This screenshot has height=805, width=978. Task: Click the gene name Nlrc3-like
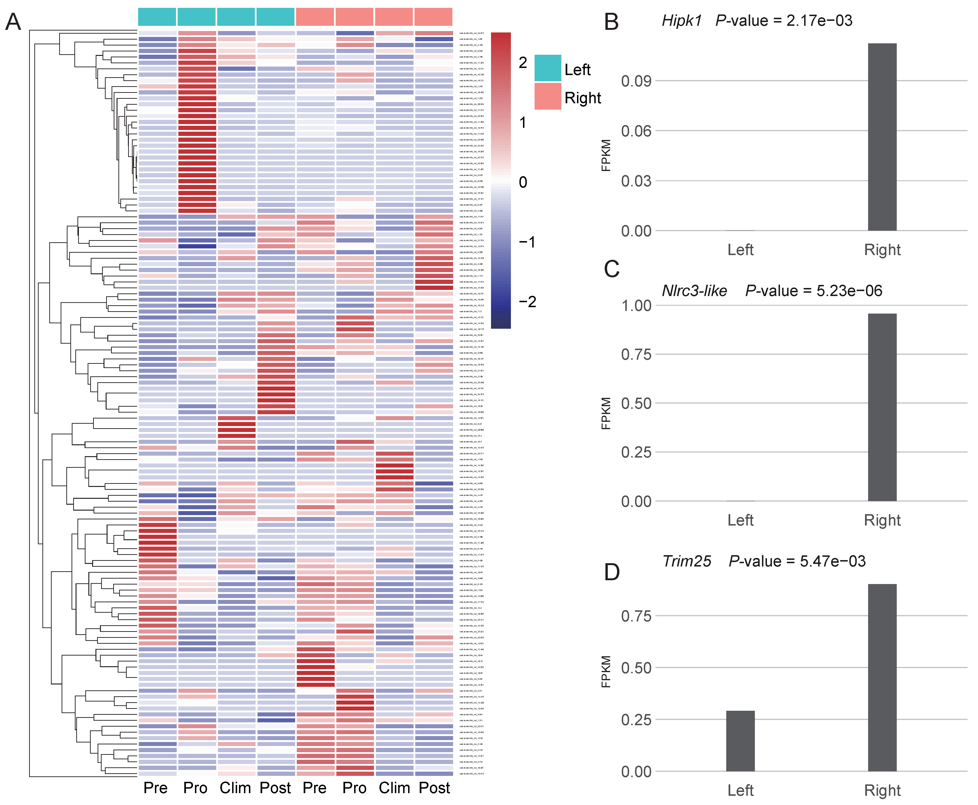[x=694, y=291]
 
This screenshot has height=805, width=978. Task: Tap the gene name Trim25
[x=686, y=561]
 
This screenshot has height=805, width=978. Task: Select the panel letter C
[x=612, y=269]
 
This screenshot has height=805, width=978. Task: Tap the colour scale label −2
[x=527, y=302]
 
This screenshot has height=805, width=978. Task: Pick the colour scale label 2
[x=523, y=63]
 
